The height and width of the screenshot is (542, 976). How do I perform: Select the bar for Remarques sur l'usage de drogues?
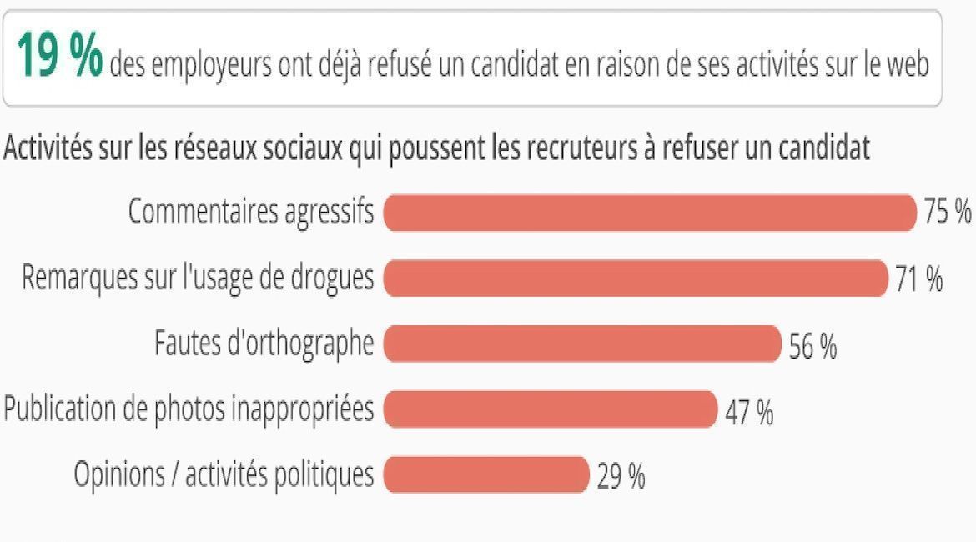(x=635, y=279)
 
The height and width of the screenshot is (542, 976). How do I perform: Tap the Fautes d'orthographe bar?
(x=581, y=344)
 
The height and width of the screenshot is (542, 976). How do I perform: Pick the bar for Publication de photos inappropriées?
(x=550, y=409)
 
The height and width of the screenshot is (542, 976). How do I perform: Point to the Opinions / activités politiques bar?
(x=486, y=475)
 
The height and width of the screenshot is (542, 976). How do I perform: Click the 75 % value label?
(x=948, y=213)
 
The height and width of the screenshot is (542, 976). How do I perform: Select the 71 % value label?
(x=919, y=279)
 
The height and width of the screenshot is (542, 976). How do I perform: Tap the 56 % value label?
(x=812, y=346)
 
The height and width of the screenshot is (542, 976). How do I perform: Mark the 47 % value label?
(x=749, y=412)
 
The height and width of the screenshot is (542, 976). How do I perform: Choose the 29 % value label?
(x=621, y=477)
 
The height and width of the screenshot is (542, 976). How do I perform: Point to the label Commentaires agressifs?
(x=251, y=213)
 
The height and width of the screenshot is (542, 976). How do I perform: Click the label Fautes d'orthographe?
(x=264, y=344)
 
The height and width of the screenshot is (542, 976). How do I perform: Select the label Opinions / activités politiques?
(x=224, y=475)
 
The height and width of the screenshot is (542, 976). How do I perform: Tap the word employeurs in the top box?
(x=199, y=65)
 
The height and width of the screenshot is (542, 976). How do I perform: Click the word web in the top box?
(x=908, y=64)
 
